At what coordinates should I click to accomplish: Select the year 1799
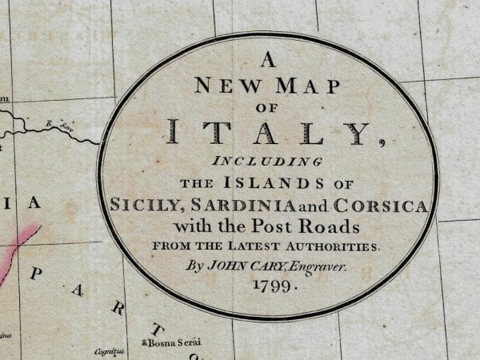[270, 287]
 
